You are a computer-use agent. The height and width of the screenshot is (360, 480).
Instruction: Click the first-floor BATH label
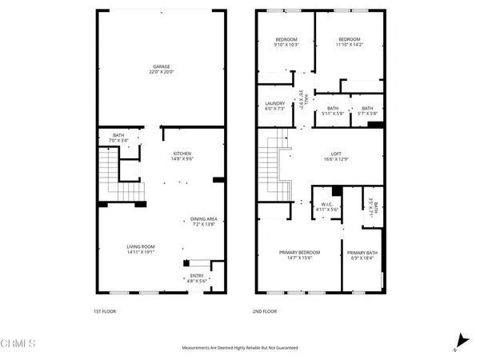118,135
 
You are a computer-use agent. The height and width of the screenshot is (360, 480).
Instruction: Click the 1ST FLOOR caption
107,311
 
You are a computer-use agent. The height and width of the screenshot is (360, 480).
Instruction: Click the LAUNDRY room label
275,104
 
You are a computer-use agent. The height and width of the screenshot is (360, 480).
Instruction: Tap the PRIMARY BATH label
362,253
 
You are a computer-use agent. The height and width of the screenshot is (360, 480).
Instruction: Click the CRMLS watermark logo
19,344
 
